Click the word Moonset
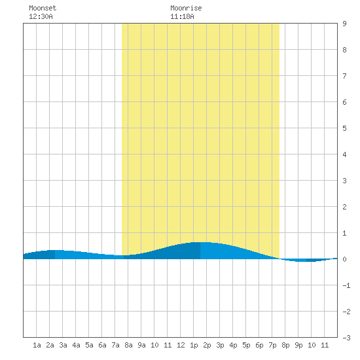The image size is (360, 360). tap(43, 8)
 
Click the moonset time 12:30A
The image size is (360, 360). tap(41, 16)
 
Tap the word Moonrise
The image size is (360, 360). tap(186, 8)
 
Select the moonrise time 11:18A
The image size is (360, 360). tap(182, 16)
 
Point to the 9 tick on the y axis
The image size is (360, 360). tap(344, 24)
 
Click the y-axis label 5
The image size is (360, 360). tap(344, 128)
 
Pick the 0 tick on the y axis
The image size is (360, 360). tap(344, 259)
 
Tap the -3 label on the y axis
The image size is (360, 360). tap(346, 338)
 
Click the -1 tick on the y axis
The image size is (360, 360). tap(346, 285)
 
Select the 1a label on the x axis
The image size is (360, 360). tap(37, 345)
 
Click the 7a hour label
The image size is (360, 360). tap(115, 345)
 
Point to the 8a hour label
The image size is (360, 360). tap(128, 345)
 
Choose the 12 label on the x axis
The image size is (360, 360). tap(181, 345)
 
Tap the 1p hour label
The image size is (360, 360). tap(194, 345)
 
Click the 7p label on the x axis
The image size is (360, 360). tap(272, 345)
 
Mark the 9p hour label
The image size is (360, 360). tap(298, 345)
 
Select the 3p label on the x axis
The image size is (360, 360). tap(220, 345)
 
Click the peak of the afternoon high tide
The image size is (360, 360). tap(200, 242)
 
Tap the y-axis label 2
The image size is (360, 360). tap(344, 207)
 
